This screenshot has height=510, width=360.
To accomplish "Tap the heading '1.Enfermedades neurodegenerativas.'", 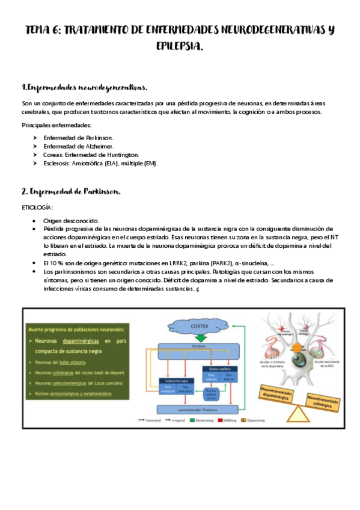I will pos(84,88).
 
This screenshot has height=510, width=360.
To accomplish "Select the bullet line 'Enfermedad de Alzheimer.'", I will pos(79,146).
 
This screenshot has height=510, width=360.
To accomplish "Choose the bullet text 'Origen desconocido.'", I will pos(71,221).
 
